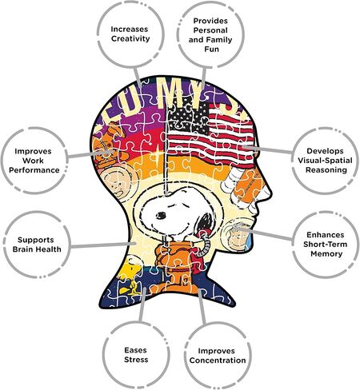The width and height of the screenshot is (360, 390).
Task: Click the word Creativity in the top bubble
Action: pyautogui.click(x=130, y=38)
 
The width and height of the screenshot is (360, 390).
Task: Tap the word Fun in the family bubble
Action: pyautogui.click(x=211, y=49)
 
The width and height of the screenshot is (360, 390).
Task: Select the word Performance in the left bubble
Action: pyautogui.click(x=34, y=170)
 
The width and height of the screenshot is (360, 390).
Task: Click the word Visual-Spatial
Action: pyautogui.click(x=325, y=161)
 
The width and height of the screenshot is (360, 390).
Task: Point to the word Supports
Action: pyautogui.click(x=36, y=240)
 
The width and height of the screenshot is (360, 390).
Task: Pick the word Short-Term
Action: pyautogui.click(x=325, y=245)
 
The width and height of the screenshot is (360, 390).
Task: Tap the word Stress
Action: pyautogui.click(x=136, y=360)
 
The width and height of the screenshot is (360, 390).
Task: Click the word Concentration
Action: pyautogui.click(x=218, y=360)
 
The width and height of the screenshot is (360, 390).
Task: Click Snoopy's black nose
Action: pyautogui.click(x=161, y=215)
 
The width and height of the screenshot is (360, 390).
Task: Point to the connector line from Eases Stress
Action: pyautogui.click(x=142, y=305)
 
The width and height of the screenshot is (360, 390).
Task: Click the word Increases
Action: pyautogui.click(x=130, y=29)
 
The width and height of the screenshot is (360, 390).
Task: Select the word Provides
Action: pyautogui.click(x=210, y=21)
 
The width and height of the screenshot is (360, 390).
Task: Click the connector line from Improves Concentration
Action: pyautogui.click(x=202, y=306)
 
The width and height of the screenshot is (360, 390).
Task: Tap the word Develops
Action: pyautogui.click(x=325, y=151)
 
